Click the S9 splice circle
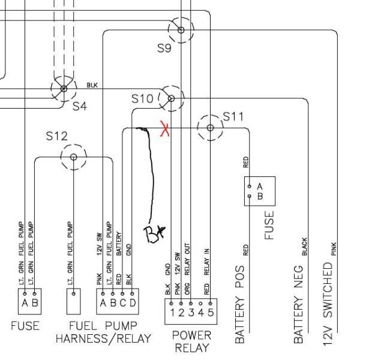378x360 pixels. tap(181, 28)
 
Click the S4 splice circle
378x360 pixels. tap(64, 89)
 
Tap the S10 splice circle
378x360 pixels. tap(171, 98)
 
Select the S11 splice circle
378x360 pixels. tap(210, 127)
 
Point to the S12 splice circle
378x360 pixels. tap(73, 157)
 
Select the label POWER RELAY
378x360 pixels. tap(191, 341)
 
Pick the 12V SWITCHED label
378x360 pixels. tap(328, 303)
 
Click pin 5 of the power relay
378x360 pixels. tap(210, 311)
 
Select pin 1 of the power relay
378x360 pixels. tap(171, 311)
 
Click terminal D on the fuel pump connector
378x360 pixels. tap(131, 302)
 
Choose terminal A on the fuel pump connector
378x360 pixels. tap(103, 302)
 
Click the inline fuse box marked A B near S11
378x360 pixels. tap(259, 191)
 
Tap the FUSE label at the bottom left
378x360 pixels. tap(25, 326)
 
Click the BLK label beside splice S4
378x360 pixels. tap(92, 85)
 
